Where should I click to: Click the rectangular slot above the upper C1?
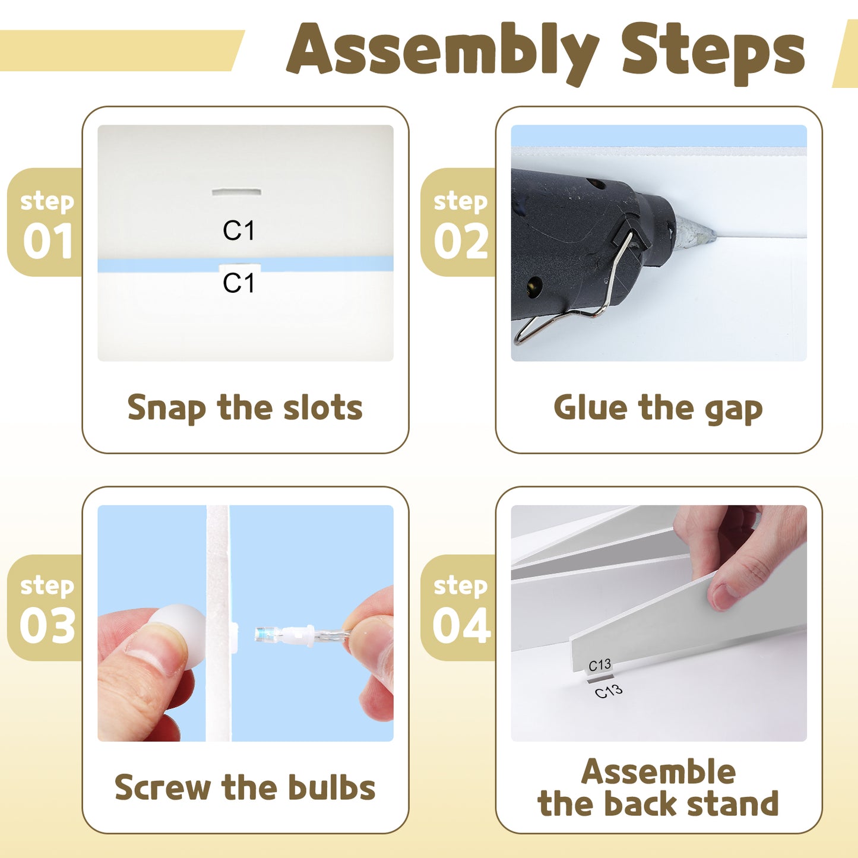point(236,192)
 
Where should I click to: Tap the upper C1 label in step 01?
point(239,230)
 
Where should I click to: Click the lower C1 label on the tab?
point(239,283)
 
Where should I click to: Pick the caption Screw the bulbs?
point(245,788)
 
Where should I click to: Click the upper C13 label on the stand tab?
point(599,666)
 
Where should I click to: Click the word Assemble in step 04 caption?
point(658,772)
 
